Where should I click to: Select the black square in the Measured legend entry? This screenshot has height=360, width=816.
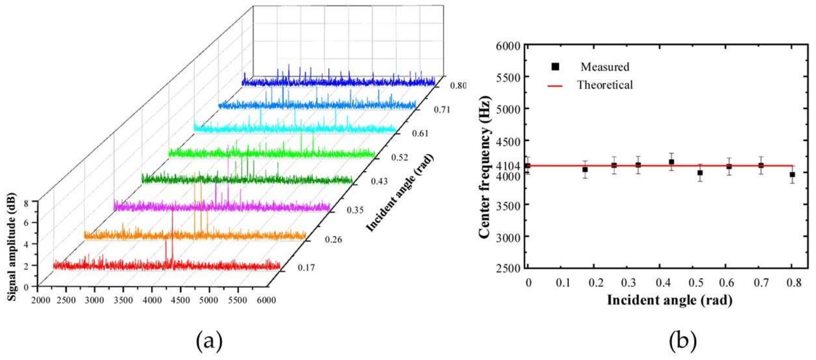[555, 67]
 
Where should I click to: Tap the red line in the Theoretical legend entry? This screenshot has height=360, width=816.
[555, 86]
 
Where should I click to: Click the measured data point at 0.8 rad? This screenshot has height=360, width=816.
[792, 175]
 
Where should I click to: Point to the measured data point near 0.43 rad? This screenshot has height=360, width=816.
[671, 162]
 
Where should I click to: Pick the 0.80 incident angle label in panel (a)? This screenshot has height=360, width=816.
[458, 86]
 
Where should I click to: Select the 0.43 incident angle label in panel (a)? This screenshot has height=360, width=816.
[379, 182]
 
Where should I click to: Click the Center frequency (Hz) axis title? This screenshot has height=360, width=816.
[485, 167]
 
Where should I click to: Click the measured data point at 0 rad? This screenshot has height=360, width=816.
[528, 166]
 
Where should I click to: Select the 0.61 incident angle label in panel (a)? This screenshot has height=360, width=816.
[420, 133]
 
